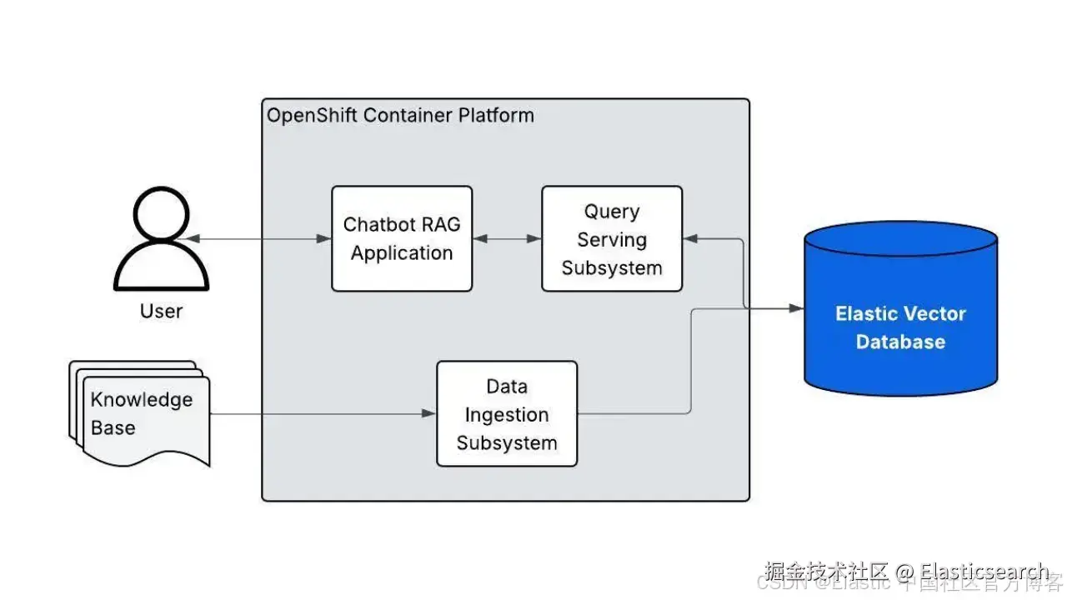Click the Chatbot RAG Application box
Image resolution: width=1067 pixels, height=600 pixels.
click(402, 238)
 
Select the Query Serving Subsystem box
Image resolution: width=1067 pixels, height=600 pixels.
click(612, 238)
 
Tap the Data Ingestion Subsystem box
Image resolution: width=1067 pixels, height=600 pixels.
click(507, 414)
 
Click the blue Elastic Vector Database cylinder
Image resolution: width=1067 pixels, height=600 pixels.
click(900, 308)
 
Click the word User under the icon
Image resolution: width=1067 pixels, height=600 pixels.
click(161, 312)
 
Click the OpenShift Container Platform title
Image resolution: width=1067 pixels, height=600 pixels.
click(400, 115)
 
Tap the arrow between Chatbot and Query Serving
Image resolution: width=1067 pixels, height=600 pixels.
click(507, 239)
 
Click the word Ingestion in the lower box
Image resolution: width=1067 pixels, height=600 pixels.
click(507, 415)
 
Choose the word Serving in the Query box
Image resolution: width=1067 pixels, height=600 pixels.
click(612, 240)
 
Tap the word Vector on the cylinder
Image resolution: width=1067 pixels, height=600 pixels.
click(935, 314)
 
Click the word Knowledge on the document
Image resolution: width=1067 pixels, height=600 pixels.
click(142, 400)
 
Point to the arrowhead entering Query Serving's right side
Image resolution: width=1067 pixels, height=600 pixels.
click(689, 239)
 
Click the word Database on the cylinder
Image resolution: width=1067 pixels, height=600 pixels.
click(900, 342)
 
